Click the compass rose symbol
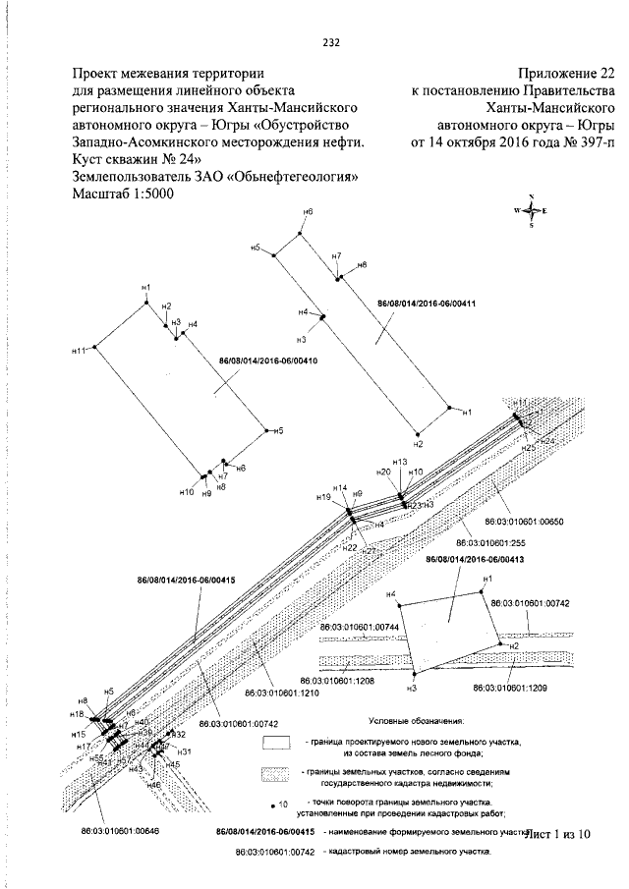[531, 210]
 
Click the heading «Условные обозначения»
[412, 720]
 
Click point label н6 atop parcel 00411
[308, 212]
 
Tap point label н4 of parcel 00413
[390, 594]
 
